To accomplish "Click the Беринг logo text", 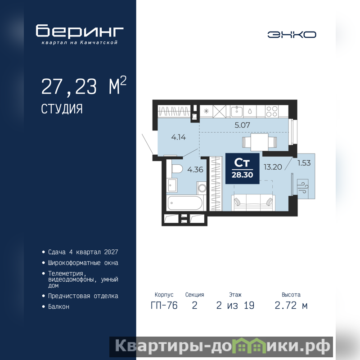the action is coord(80,31).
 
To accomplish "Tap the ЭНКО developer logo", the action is coord(292,35).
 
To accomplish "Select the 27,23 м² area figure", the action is coord(84,86).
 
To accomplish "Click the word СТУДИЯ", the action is coord(62,109).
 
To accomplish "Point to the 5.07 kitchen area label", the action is coord(242,125).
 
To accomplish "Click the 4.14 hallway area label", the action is coord(178,137).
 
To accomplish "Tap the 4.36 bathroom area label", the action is coord(195,170).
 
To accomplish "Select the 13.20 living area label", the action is coord(273,167).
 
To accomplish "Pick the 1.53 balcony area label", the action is coord(304,163).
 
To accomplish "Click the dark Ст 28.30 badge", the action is coord(243,168).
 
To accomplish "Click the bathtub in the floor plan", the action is coord(185,203).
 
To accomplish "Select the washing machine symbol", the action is coord(202,188).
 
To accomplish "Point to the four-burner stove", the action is coord(272,111).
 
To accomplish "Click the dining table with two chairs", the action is coord(260,142).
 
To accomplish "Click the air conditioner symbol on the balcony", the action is coord(303,186).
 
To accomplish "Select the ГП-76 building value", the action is coord(164,306).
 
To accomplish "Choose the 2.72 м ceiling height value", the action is coord(291,306).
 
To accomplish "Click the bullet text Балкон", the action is coord(58,307).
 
